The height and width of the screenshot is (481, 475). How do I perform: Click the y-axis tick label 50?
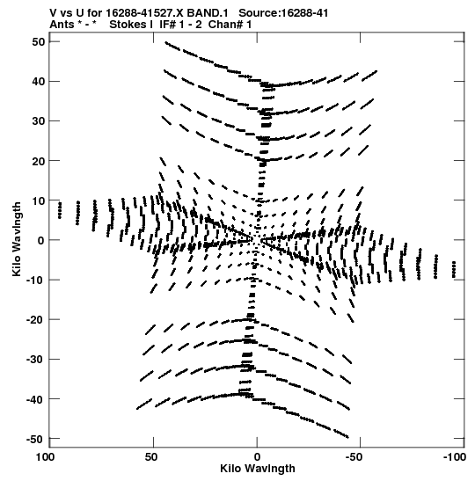click(x=38, y=41)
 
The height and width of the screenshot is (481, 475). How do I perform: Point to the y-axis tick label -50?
click(x=35, y=439)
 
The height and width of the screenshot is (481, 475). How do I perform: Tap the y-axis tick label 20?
click(x=38, y=161)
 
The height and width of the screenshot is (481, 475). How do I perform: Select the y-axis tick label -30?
click(x=35, y=360)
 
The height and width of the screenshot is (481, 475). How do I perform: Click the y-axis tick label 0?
click(x=41, y=240)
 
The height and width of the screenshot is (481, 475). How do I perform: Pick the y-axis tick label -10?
click(x=35, y=280)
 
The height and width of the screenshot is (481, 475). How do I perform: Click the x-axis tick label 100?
click(x=45, y=457)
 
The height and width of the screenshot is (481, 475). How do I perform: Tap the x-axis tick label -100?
click(x=454, y=457)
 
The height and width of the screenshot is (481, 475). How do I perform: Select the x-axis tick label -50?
click(x=354, y=457)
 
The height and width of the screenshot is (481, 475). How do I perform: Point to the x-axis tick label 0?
click(x=257, y=457)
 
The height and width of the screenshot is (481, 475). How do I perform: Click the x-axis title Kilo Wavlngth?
click(x=258, y=469)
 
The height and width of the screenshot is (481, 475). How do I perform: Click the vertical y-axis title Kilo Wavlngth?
click(x=17, y=239)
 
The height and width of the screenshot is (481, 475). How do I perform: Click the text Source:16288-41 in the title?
click(x=283, y=13)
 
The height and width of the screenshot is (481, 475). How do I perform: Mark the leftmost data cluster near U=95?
click(x=60, y=210)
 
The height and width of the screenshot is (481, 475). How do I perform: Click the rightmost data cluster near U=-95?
click(x=454, y=270)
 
